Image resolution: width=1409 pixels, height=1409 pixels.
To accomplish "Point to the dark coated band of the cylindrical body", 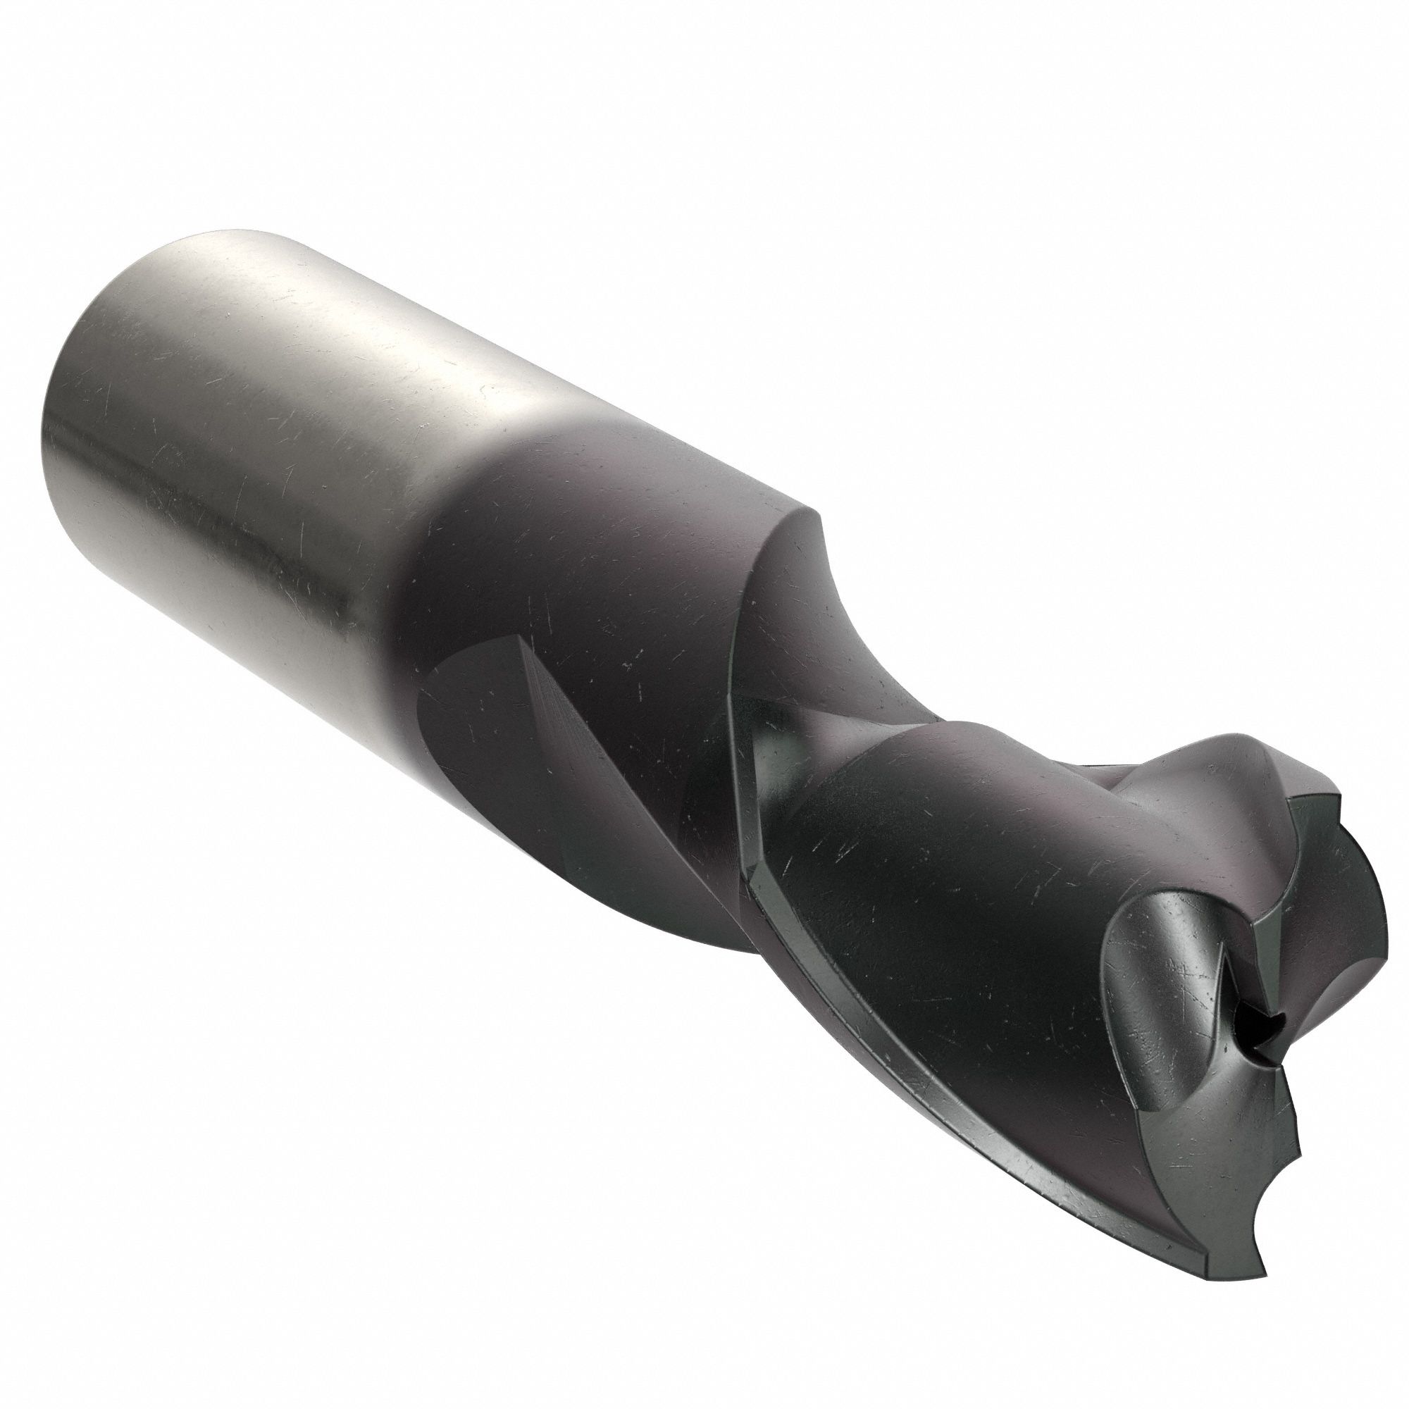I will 583,554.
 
